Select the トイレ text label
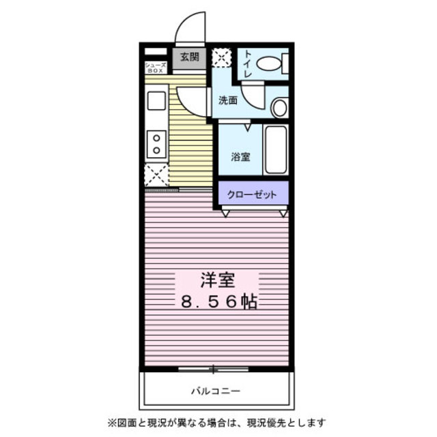[247, 64]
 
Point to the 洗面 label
[227, 100]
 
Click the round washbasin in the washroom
[279, 108]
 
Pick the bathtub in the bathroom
[277, 150]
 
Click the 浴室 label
[240, 156]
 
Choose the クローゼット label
[253, 195]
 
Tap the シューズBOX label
[155, 67]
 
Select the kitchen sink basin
[156, 102]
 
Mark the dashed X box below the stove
[157, 175]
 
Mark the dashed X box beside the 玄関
[222, 57]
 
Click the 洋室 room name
[217, 279]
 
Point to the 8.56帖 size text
[217, 301]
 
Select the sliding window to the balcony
[214, 369]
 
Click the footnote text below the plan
[214, 422]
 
